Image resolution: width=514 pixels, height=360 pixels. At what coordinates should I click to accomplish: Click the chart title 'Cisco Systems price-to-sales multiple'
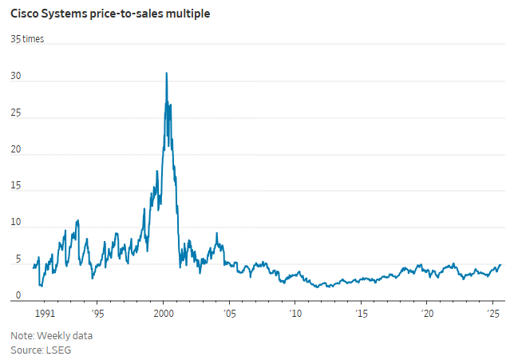click(x=110, y=14)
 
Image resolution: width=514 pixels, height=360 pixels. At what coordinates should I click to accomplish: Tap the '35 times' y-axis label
click(x=27, y=39)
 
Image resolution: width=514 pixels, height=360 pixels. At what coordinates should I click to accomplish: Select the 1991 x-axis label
click(x=44, y=314)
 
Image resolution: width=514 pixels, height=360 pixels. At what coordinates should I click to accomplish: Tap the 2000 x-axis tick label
click(x=164, y=314)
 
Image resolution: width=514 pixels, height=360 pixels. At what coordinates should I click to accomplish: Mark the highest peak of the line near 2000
click(x=166, y=73)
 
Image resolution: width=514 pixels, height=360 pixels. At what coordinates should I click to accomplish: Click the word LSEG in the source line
click(x=58, y=350)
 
